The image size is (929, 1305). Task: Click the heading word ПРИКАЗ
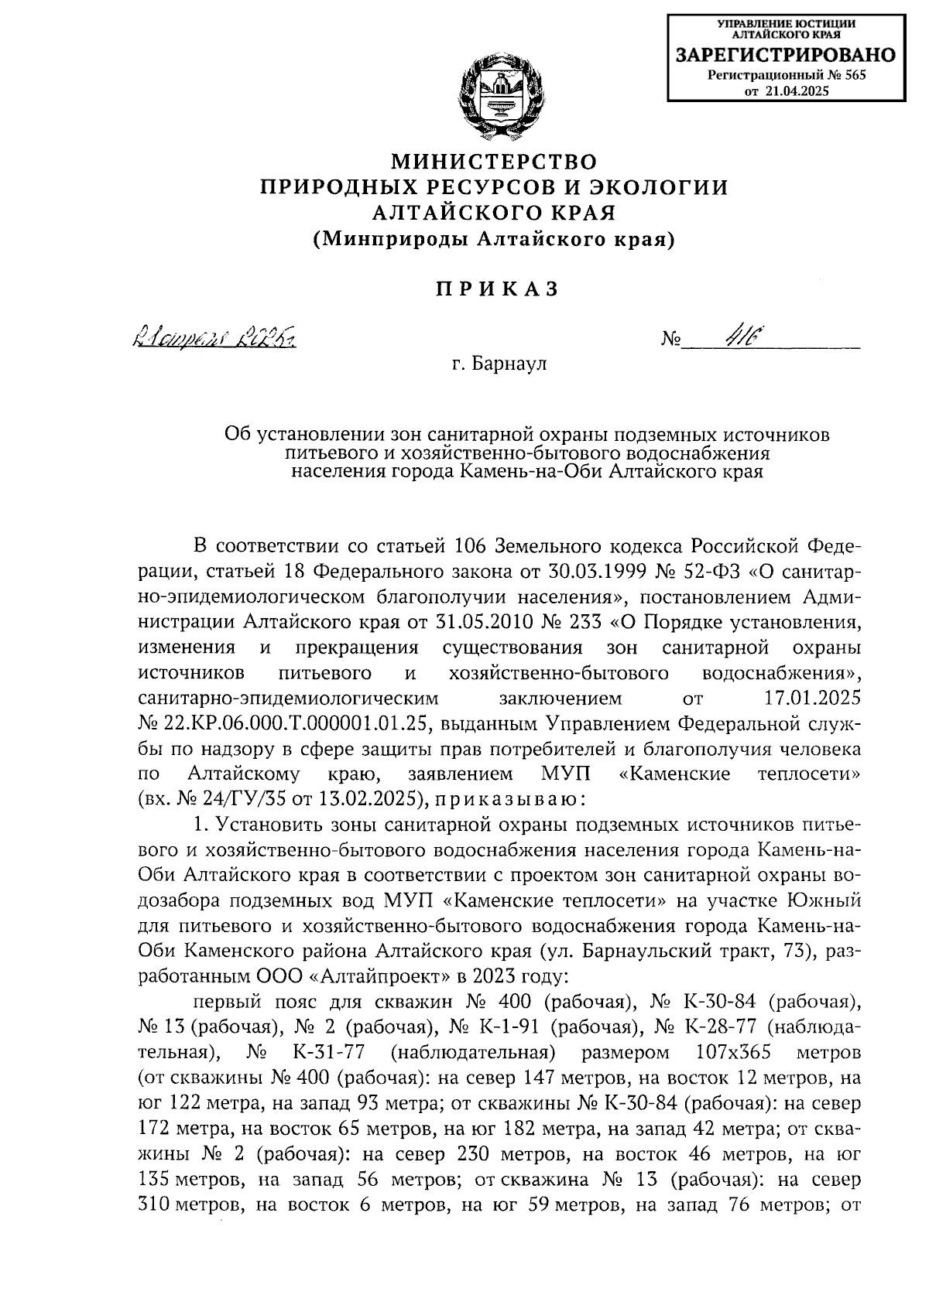pyautogui.click(x=495, y=289)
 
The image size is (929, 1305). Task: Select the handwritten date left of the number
pyautogui.click(x=218, y=339)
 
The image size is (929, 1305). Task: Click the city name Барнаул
pyautogui.click(x=509, y=364)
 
